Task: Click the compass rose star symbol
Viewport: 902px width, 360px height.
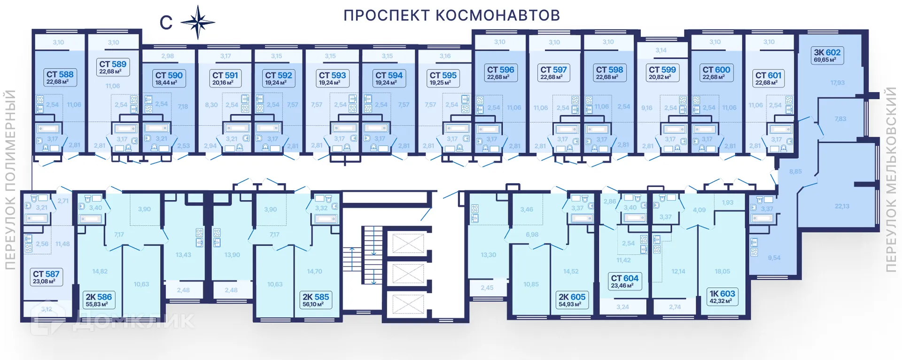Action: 198,22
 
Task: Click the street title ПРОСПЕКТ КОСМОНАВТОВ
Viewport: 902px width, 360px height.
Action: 451,16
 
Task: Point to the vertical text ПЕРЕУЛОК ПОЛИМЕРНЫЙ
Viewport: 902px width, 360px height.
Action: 10,180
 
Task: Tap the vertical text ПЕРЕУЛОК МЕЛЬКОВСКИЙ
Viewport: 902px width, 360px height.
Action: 891,180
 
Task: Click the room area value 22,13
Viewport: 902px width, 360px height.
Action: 842,206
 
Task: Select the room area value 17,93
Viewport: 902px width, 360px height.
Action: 837,83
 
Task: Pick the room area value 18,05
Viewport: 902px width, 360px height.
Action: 722,271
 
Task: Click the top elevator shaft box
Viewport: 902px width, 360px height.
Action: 408,243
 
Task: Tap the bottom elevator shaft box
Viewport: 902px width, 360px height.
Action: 408,304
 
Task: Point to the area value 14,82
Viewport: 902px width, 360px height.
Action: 100,271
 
